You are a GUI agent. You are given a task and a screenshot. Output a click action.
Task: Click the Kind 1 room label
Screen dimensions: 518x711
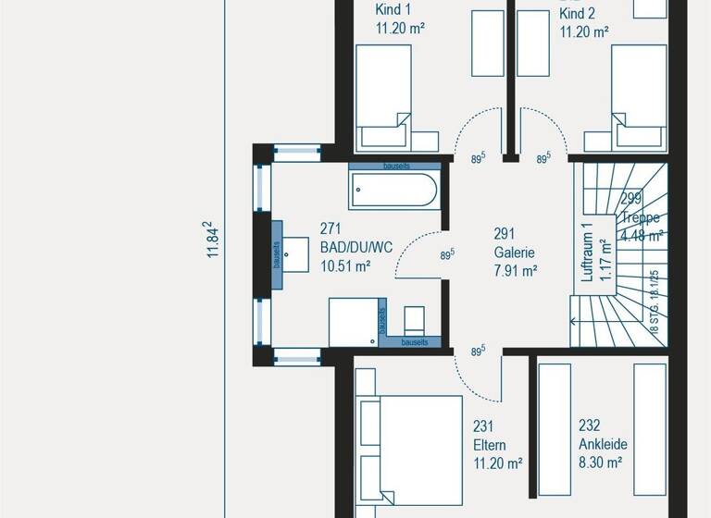(393, 10)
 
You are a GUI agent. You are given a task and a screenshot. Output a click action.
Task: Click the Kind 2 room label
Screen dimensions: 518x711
(577, 13)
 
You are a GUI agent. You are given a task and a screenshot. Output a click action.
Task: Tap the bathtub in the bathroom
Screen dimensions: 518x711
(394, 191)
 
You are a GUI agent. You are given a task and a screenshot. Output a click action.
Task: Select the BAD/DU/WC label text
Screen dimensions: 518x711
(356, 247)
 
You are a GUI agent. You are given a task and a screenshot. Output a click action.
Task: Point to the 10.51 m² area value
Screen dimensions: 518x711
(345, 266)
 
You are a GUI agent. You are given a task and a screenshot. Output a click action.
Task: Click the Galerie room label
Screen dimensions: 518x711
(515, 252)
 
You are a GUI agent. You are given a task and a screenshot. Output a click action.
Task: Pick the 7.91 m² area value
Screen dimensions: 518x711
(517, 271)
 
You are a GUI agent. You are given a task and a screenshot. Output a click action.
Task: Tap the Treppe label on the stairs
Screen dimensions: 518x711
(641, 218)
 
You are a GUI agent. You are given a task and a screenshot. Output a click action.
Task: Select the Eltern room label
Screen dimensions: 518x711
(491, 445)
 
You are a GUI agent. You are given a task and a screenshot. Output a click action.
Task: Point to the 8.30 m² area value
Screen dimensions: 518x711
(599, 463)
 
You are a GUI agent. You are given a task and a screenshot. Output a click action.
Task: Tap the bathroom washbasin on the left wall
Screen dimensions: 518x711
(295, 251)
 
